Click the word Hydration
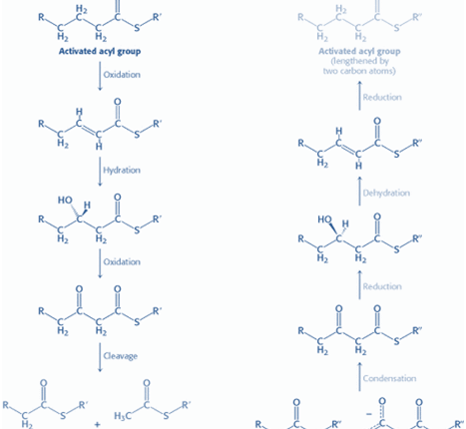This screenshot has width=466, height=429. coord(122,171)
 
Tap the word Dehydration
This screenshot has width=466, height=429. coord(386,193)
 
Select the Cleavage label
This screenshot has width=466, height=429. coord(121,356)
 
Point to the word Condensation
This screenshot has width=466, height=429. coord(389,378)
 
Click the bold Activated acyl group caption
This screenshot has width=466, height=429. coord(100,51)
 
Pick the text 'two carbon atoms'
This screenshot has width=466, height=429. coord(359,71)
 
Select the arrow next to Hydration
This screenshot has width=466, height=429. coord(100,172)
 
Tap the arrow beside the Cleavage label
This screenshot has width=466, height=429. coord(100,357)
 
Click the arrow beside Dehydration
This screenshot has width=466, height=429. coord(359,191)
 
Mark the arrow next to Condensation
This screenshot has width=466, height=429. coord(359,377)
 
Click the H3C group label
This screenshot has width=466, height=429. coord(122,416)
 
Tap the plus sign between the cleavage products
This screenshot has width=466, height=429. coord(97,424)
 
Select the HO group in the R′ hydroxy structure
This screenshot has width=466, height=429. coord(65,200)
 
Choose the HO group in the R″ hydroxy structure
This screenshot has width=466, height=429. coord(324,219)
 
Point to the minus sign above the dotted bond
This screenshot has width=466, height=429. coord(369,414)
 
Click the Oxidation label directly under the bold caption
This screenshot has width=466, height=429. coord(122,75)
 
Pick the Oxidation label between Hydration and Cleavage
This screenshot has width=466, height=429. coord(122,262)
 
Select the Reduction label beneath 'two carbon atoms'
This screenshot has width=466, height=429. coord(382,98)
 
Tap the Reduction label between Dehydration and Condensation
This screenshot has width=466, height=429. coord(382,286)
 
